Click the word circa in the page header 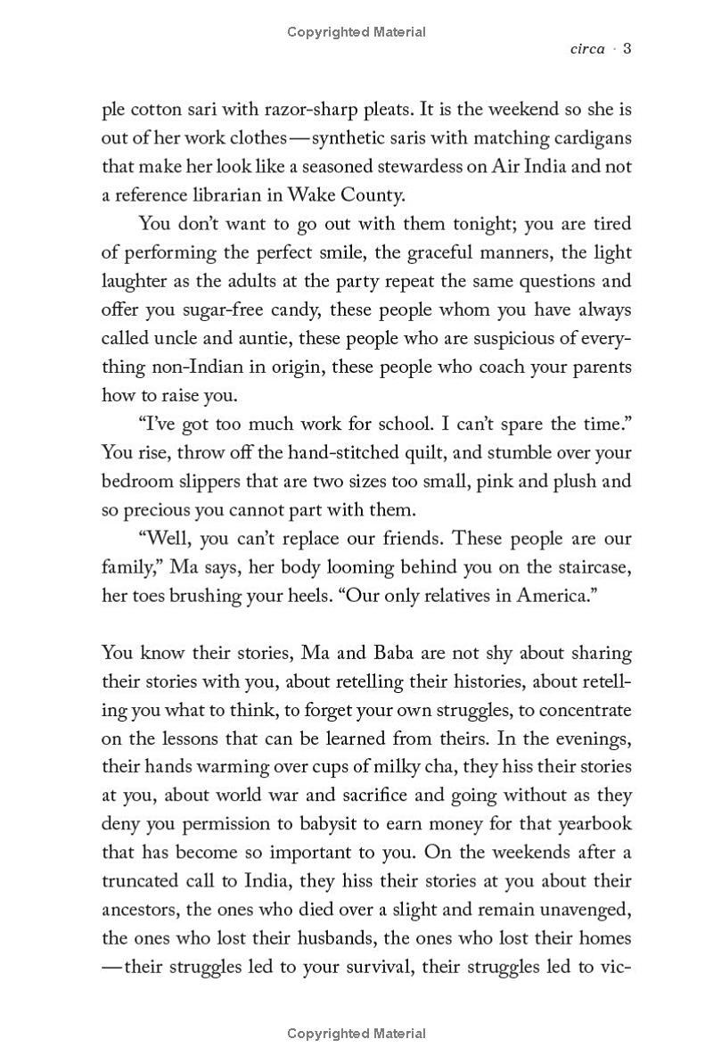pos(587,49)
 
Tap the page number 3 pos(627,49)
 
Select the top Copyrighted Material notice pos(356,32)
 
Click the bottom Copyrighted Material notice pos(356,1035)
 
